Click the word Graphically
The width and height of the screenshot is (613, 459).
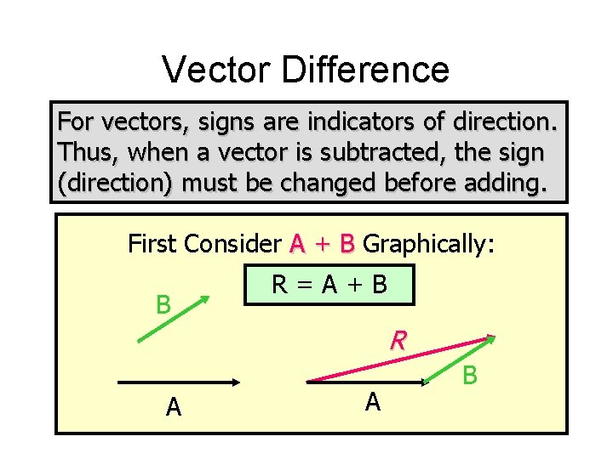(428, 245)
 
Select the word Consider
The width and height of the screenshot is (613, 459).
(232, 245)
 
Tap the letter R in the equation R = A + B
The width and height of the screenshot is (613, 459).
(278, 285)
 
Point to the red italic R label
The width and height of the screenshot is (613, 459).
(398, 342)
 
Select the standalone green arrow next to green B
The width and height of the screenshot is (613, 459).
(175, 318)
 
